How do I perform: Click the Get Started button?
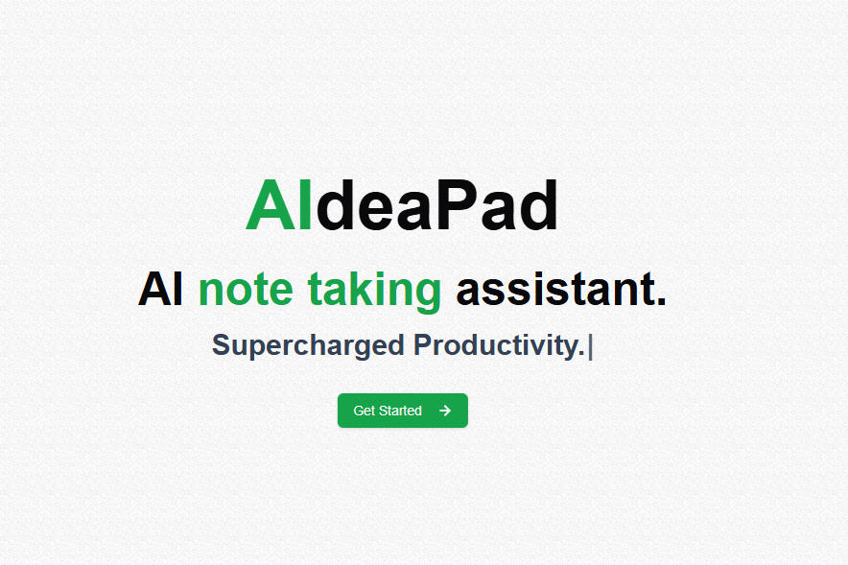[402, 411]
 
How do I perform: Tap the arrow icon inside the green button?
[445, 411]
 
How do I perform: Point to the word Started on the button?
[401, 411]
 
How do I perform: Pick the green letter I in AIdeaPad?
[306, 205]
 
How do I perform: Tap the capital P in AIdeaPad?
[457, 205]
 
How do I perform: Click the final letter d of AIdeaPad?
[537, 205]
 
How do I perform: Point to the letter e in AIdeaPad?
[377, 212]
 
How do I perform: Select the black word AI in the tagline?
[160, 290]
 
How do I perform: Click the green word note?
[246, 291]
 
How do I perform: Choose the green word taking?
[374, 292]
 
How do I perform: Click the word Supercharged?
[308, 345]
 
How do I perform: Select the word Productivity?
[499, 345]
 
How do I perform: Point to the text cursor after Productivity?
[591, 346]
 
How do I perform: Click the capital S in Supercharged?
[222, 345]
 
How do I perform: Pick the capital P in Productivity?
[423, 345]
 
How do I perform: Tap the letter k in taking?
[363, 289]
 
